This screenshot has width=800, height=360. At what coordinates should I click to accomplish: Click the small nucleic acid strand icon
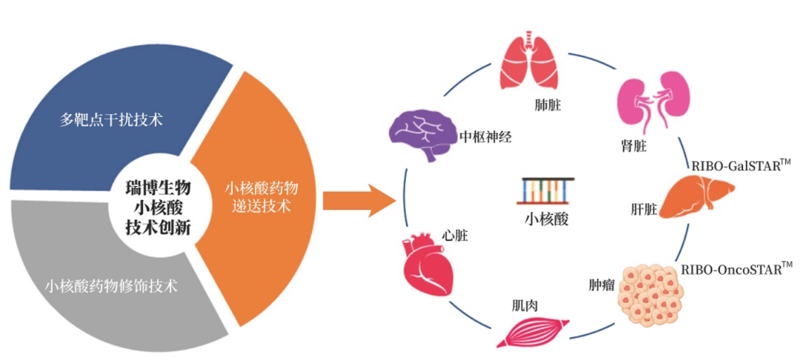(x=545, y=190)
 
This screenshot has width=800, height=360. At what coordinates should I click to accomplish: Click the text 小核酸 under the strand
(x=546, y=219)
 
